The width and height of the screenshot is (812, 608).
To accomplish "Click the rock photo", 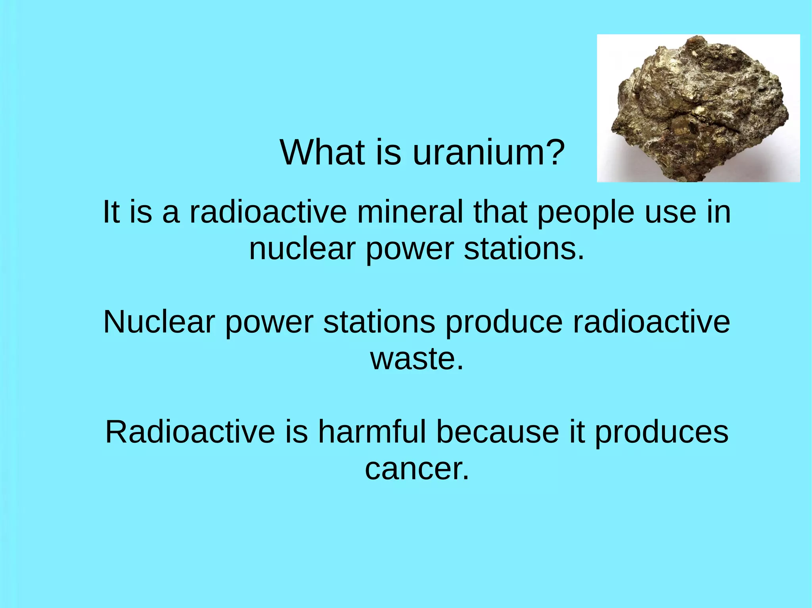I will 698,108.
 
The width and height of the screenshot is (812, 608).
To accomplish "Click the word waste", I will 416,359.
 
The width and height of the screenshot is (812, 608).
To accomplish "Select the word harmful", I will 372,432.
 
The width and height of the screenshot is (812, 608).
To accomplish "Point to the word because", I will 498,432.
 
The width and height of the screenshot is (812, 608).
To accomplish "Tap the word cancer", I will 416,469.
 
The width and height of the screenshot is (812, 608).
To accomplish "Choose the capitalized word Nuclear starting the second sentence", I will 159,322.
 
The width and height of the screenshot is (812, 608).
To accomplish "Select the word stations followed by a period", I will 524,249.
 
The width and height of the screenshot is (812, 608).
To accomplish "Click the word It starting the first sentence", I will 111,212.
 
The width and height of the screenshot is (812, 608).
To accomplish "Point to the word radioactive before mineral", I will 268,212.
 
